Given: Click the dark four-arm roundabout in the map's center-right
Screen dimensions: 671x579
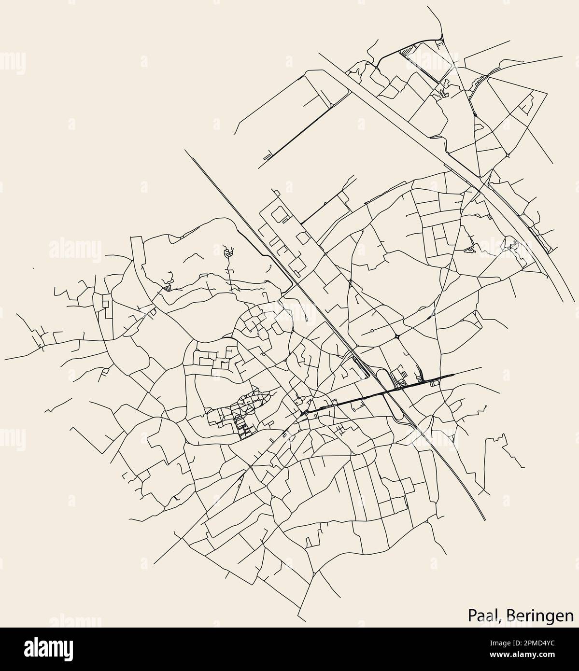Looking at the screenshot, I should [x=396, y=336].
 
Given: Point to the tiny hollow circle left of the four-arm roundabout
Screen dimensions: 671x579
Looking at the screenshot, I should [x=372, y=331].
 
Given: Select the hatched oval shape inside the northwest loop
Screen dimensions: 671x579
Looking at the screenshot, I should [x=229, y=252].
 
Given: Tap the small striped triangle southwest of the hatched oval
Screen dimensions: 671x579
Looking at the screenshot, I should [x=167, y=287].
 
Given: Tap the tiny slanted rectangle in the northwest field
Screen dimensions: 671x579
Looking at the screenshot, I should [x=267, y=156].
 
